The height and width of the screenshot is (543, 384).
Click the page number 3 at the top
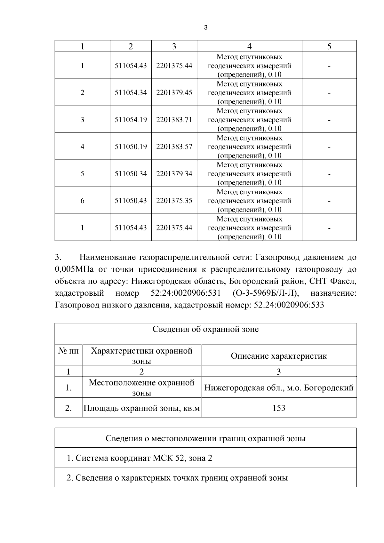point(205,28)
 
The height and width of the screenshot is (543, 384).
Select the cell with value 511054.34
point(131,93)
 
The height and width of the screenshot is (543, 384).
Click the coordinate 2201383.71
point(174,120)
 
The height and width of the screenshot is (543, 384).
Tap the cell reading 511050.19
point(131,147)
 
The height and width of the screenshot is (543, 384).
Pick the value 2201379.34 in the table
point(174,174)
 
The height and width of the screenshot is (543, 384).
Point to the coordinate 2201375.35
point(174,201)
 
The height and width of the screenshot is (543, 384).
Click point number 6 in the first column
point(82,201)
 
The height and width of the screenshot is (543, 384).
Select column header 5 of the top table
point(329,46)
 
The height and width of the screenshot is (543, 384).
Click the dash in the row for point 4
point(329,147)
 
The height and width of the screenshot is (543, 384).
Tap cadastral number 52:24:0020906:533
point(289,305)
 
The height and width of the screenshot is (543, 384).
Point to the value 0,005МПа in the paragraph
point(74,269)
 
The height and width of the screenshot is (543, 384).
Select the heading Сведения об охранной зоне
point(205,329)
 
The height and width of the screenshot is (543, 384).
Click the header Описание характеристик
point(279,356)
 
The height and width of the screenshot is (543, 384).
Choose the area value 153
point(279,408)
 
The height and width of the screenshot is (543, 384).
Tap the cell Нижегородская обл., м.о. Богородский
point(279,388)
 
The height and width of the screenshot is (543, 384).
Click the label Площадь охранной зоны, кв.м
point(141,408)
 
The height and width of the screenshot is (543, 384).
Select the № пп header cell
point(68,351)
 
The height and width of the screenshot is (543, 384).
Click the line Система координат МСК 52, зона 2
point(139,458)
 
